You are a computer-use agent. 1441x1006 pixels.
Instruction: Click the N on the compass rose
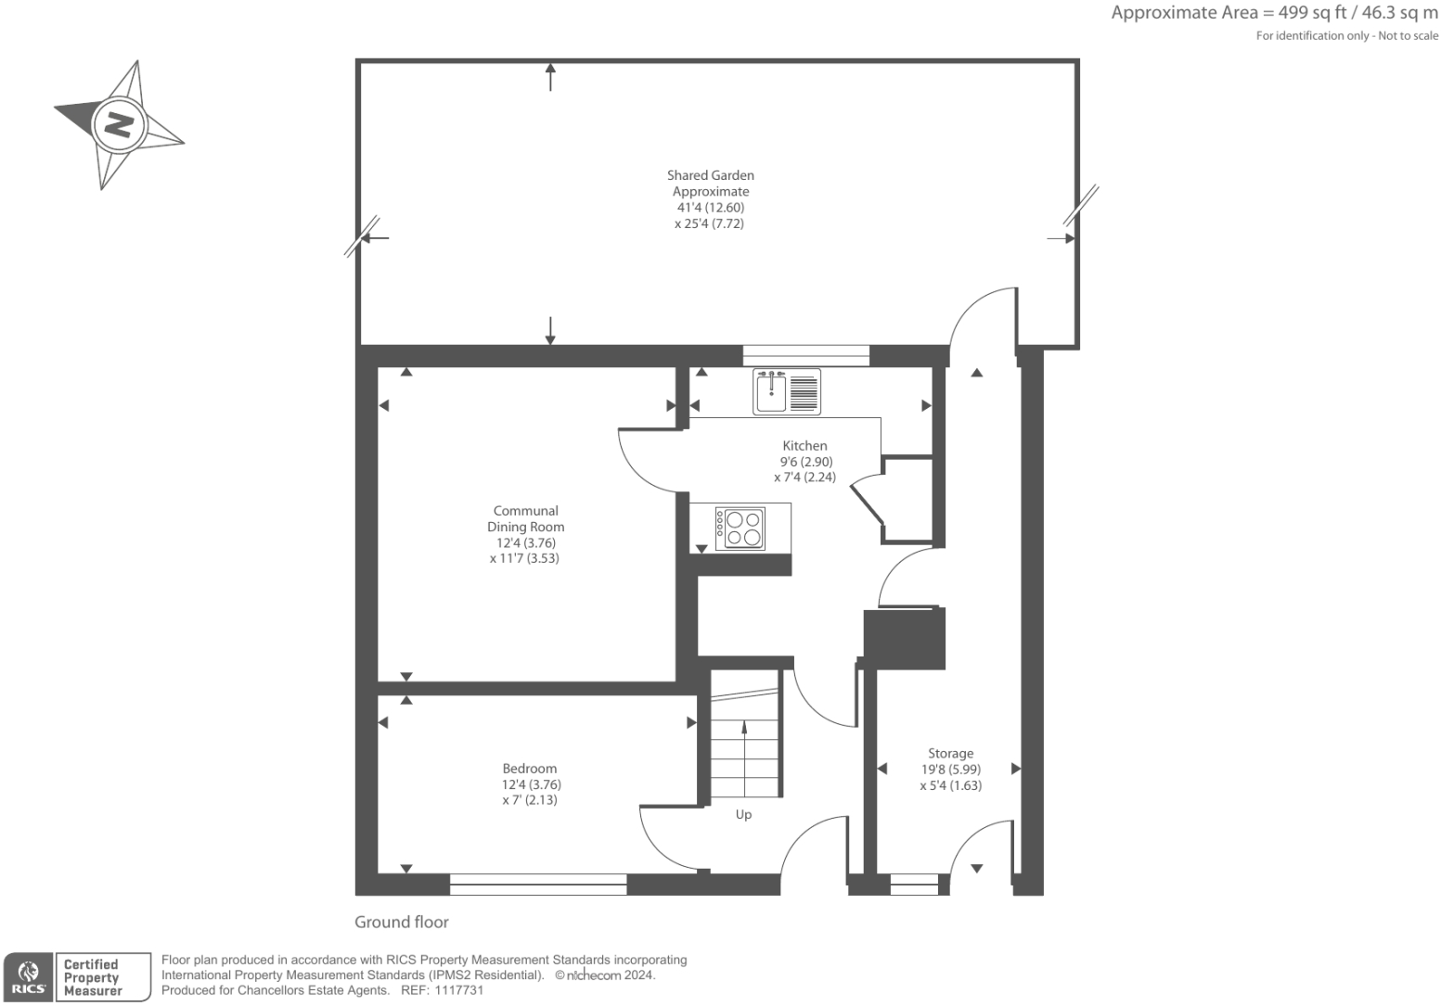pyautogui.click(x=119, y=124)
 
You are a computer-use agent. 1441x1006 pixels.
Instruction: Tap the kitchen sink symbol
pyautogui.click(x=787, y=391)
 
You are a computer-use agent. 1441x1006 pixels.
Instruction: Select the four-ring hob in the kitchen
pyautogui.click(x=740, y=528)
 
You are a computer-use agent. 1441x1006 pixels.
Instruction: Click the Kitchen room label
pyautogui.click(x=804, y=445)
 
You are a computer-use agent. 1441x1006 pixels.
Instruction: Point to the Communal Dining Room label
pyautogui.click(x=525, y=518)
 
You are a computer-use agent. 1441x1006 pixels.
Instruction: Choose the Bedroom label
pyautogui.click(x=530, y=768)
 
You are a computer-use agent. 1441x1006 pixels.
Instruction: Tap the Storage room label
pyautogui.click(x=951, y=753)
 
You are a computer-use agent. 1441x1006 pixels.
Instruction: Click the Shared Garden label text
pyautogui.click(x=710, y=175)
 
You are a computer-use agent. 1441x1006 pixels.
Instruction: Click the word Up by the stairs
pyautogui.click(x=743, y=814)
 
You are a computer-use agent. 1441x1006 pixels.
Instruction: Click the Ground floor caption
pyautogui.click(x=402, y=922)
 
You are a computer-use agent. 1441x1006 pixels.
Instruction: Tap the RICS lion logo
pyautogui.click(x=28, y=977)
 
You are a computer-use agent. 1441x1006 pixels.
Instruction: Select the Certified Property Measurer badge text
pyautogui.click(x=91, y=977)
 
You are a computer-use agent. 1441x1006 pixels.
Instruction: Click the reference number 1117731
pyautogui.click(x=458, y=990)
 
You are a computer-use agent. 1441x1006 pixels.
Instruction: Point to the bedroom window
pyautogui.click(x=538, y=884)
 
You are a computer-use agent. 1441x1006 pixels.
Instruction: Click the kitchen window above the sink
pyautogui.click(x=806, y=355)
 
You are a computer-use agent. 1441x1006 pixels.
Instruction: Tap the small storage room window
pyautogui.click(x=914, y=884)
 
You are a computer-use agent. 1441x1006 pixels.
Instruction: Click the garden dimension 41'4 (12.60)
pyautogui.click(x=710, y=207)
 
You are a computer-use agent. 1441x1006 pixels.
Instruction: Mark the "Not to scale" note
pyautogui.click(x=1409, y=36)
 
